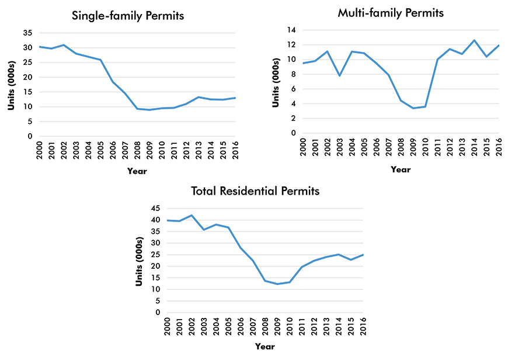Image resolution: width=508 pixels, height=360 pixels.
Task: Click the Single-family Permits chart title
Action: tap(127, 16)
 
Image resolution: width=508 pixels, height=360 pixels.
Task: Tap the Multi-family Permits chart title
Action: tap(391, 13)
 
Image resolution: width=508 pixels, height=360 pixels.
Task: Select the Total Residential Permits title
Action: tap(255, 191)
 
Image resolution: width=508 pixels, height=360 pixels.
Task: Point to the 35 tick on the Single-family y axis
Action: tap(27, 33)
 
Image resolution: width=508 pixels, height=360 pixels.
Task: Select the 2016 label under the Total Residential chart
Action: tap(363, 326)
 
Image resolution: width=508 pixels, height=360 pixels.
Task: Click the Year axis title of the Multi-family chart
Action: tap(400, 169)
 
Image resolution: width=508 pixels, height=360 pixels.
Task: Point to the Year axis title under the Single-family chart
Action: tap(137, 171)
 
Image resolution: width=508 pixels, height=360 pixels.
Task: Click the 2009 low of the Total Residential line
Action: tap(277, 284)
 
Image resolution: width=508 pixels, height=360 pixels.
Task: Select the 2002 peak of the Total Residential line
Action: tap(191, 215)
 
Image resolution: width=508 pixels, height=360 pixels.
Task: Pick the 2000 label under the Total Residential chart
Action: tap(166, 326)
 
